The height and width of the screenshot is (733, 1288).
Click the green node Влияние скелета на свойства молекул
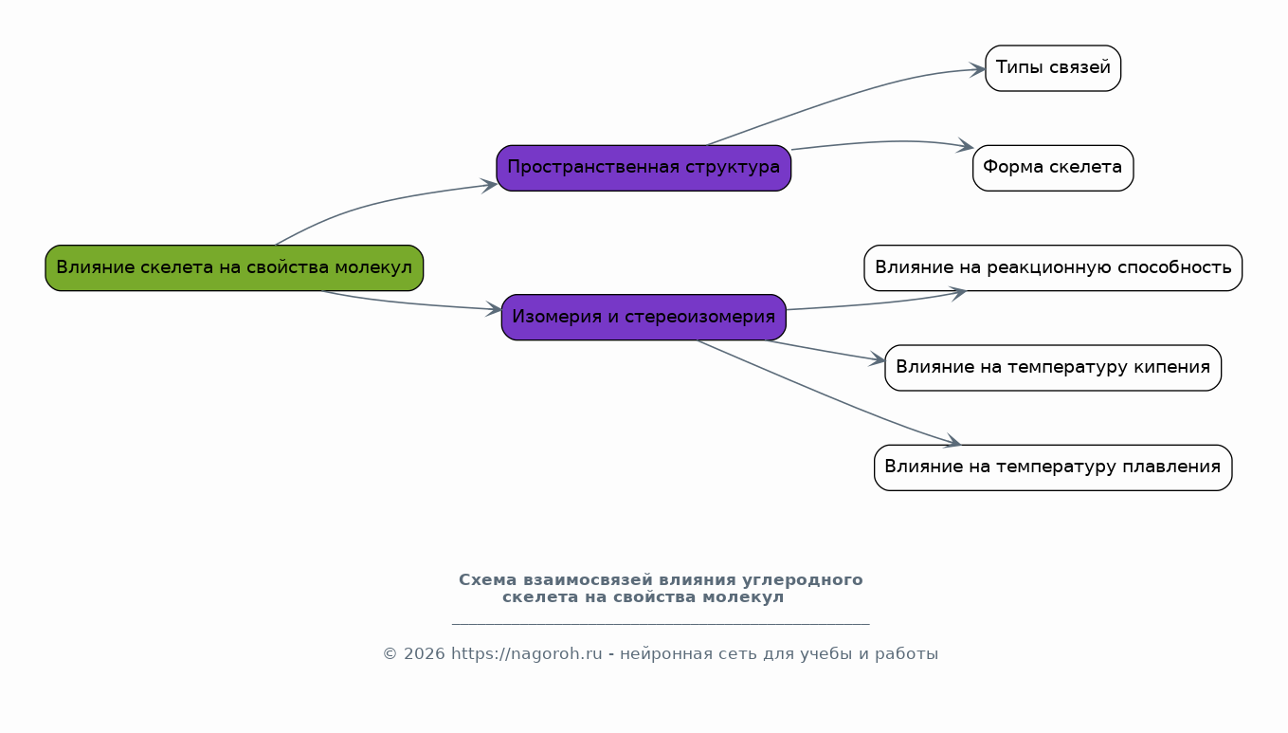234,268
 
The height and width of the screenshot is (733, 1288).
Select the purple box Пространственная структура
644,168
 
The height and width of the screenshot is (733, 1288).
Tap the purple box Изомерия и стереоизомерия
644,318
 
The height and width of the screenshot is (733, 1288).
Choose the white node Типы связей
1053,68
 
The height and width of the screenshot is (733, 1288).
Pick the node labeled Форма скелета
1053,168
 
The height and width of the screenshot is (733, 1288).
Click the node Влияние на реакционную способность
1053,268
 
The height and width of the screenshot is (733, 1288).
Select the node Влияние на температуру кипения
1053,368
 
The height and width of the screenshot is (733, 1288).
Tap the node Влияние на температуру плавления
1053,467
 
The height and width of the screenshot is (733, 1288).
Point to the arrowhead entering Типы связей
978,69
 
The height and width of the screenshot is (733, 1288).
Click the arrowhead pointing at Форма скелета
966,146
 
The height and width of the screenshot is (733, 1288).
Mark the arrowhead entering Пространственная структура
489,185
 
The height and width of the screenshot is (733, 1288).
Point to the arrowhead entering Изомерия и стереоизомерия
495,309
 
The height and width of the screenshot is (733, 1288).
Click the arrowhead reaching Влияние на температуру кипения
878,359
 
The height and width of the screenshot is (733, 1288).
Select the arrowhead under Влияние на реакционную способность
958,293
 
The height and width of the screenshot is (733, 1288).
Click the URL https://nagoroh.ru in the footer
527,654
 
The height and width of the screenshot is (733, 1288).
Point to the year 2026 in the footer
425,654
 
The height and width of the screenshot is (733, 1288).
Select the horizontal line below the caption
661,624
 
